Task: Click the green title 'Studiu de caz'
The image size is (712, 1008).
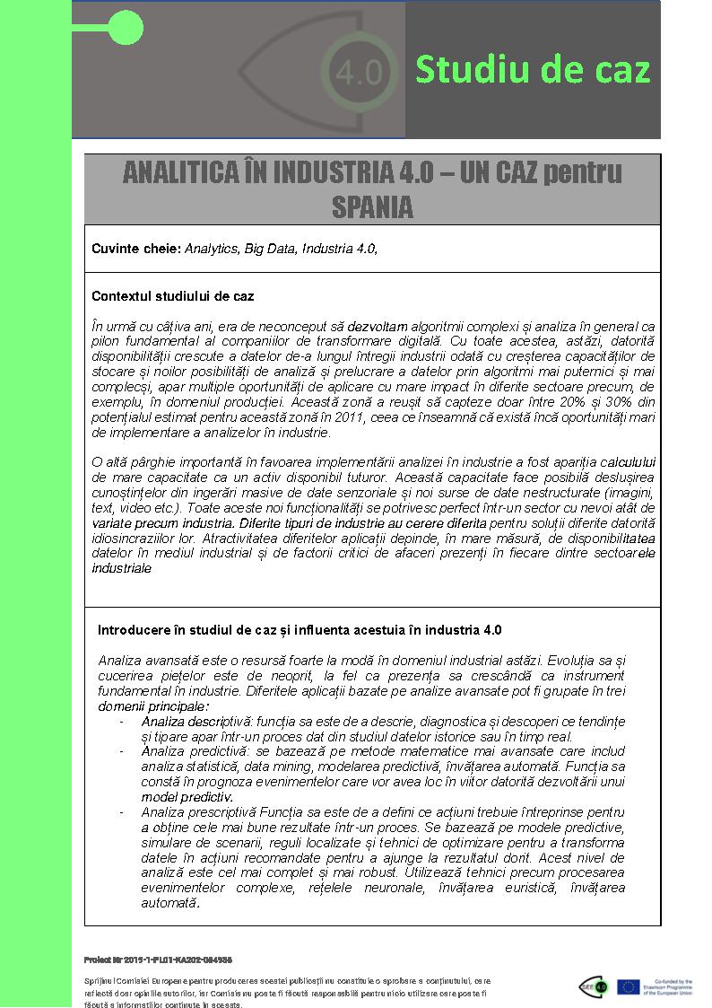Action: (533, 70)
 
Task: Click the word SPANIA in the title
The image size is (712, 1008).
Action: (372, 207)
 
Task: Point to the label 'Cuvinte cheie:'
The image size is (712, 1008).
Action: (136, 249)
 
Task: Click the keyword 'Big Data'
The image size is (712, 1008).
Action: (270, 249)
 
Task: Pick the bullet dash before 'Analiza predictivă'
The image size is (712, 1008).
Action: (122, 751)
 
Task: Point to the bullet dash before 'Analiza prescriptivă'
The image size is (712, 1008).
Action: (122, 811)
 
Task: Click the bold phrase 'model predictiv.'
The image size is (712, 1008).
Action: (187, 796)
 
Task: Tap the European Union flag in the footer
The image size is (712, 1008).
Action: (629, 986)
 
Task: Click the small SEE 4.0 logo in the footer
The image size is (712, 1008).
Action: (595, 986)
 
